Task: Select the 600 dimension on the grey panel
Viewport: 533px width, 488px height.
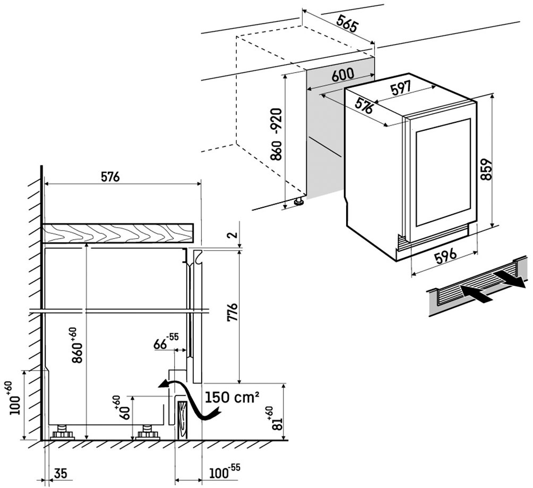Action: coord(343,75)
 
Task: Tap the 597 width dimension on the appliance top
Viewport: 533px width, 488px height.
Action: coord(401,87)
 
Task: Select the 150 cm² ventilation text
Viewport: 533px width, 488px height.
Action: coord(232,397)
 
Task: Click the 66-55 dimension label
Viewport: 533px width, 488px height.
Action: coord(166,341)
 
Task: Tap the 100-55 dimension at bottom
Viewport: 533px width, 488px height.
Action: coord(223,471)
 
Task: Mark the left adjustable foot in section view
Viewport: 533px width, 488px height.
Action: coord(62,433)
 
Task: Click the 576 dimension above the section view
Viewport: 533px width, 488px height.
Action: coord(110,177)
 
